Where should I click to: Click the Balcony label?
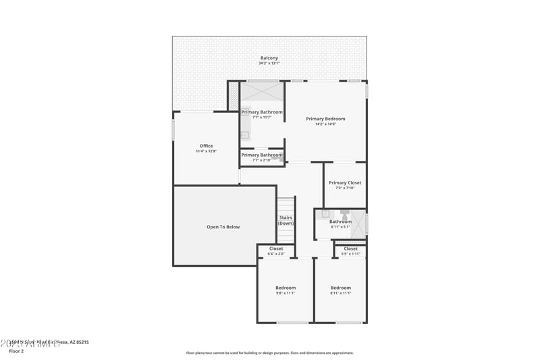pos(269,58)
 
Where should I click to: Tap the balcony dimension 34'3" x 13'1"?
pos(269,63)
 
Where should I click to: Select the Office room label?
pos(206,146)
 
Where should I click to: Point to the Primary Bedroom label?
pos(325,119)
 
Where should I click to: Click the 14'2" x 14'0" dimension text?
pos(325,124)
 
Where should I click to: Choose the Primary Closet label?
pos(345,182)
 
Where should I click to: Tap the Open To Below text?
pos(223,227)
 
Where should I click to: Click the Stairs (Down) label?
pos(286,220)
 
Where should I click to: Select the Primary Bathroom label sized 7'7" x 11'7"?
pos(262,112)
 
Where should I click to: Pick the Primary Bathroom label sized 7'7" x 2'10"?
pos(262,155)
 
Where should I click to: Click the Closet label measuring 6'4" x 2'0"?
pos(276,249)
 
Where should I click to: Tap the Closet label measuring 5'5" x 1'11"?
pos(351,249)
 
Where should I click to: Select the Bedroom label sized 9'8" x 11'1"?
pos(286,288)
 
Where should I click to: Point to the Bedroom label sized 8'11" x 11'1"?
pos(341,288)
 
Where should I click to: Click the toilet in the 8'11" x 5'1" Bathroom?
pos(344,214)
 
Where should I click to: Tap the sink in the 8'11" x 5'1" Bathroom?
pos(325,214)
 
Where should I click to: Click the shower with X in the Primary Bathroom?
pos(262,91)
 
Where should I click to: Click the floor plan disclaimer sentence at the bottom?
pos(269,353)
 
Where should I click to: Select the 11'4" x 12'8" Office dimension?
pos(206,151)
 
